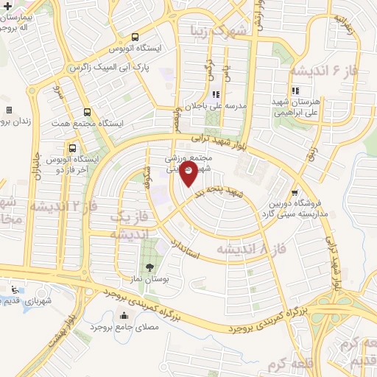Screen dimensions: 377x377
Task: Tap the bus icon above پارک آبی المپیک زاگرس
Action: [x=134, y=37]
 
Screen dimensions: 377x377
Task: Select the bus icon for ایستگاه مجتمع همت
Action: [x=88, y=113]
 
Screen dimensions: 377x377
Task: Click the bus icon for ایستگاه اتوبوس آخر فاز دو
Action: [x=72, y=147]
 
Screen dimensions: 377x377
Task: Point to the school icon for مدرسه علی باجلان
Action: [x=216, y=94]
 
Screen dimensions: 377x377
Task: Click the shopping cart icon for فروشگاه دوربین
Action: [x=295, y=188]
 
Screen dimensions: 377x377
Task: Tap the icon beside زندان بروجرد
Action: [x=9, y=110]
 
